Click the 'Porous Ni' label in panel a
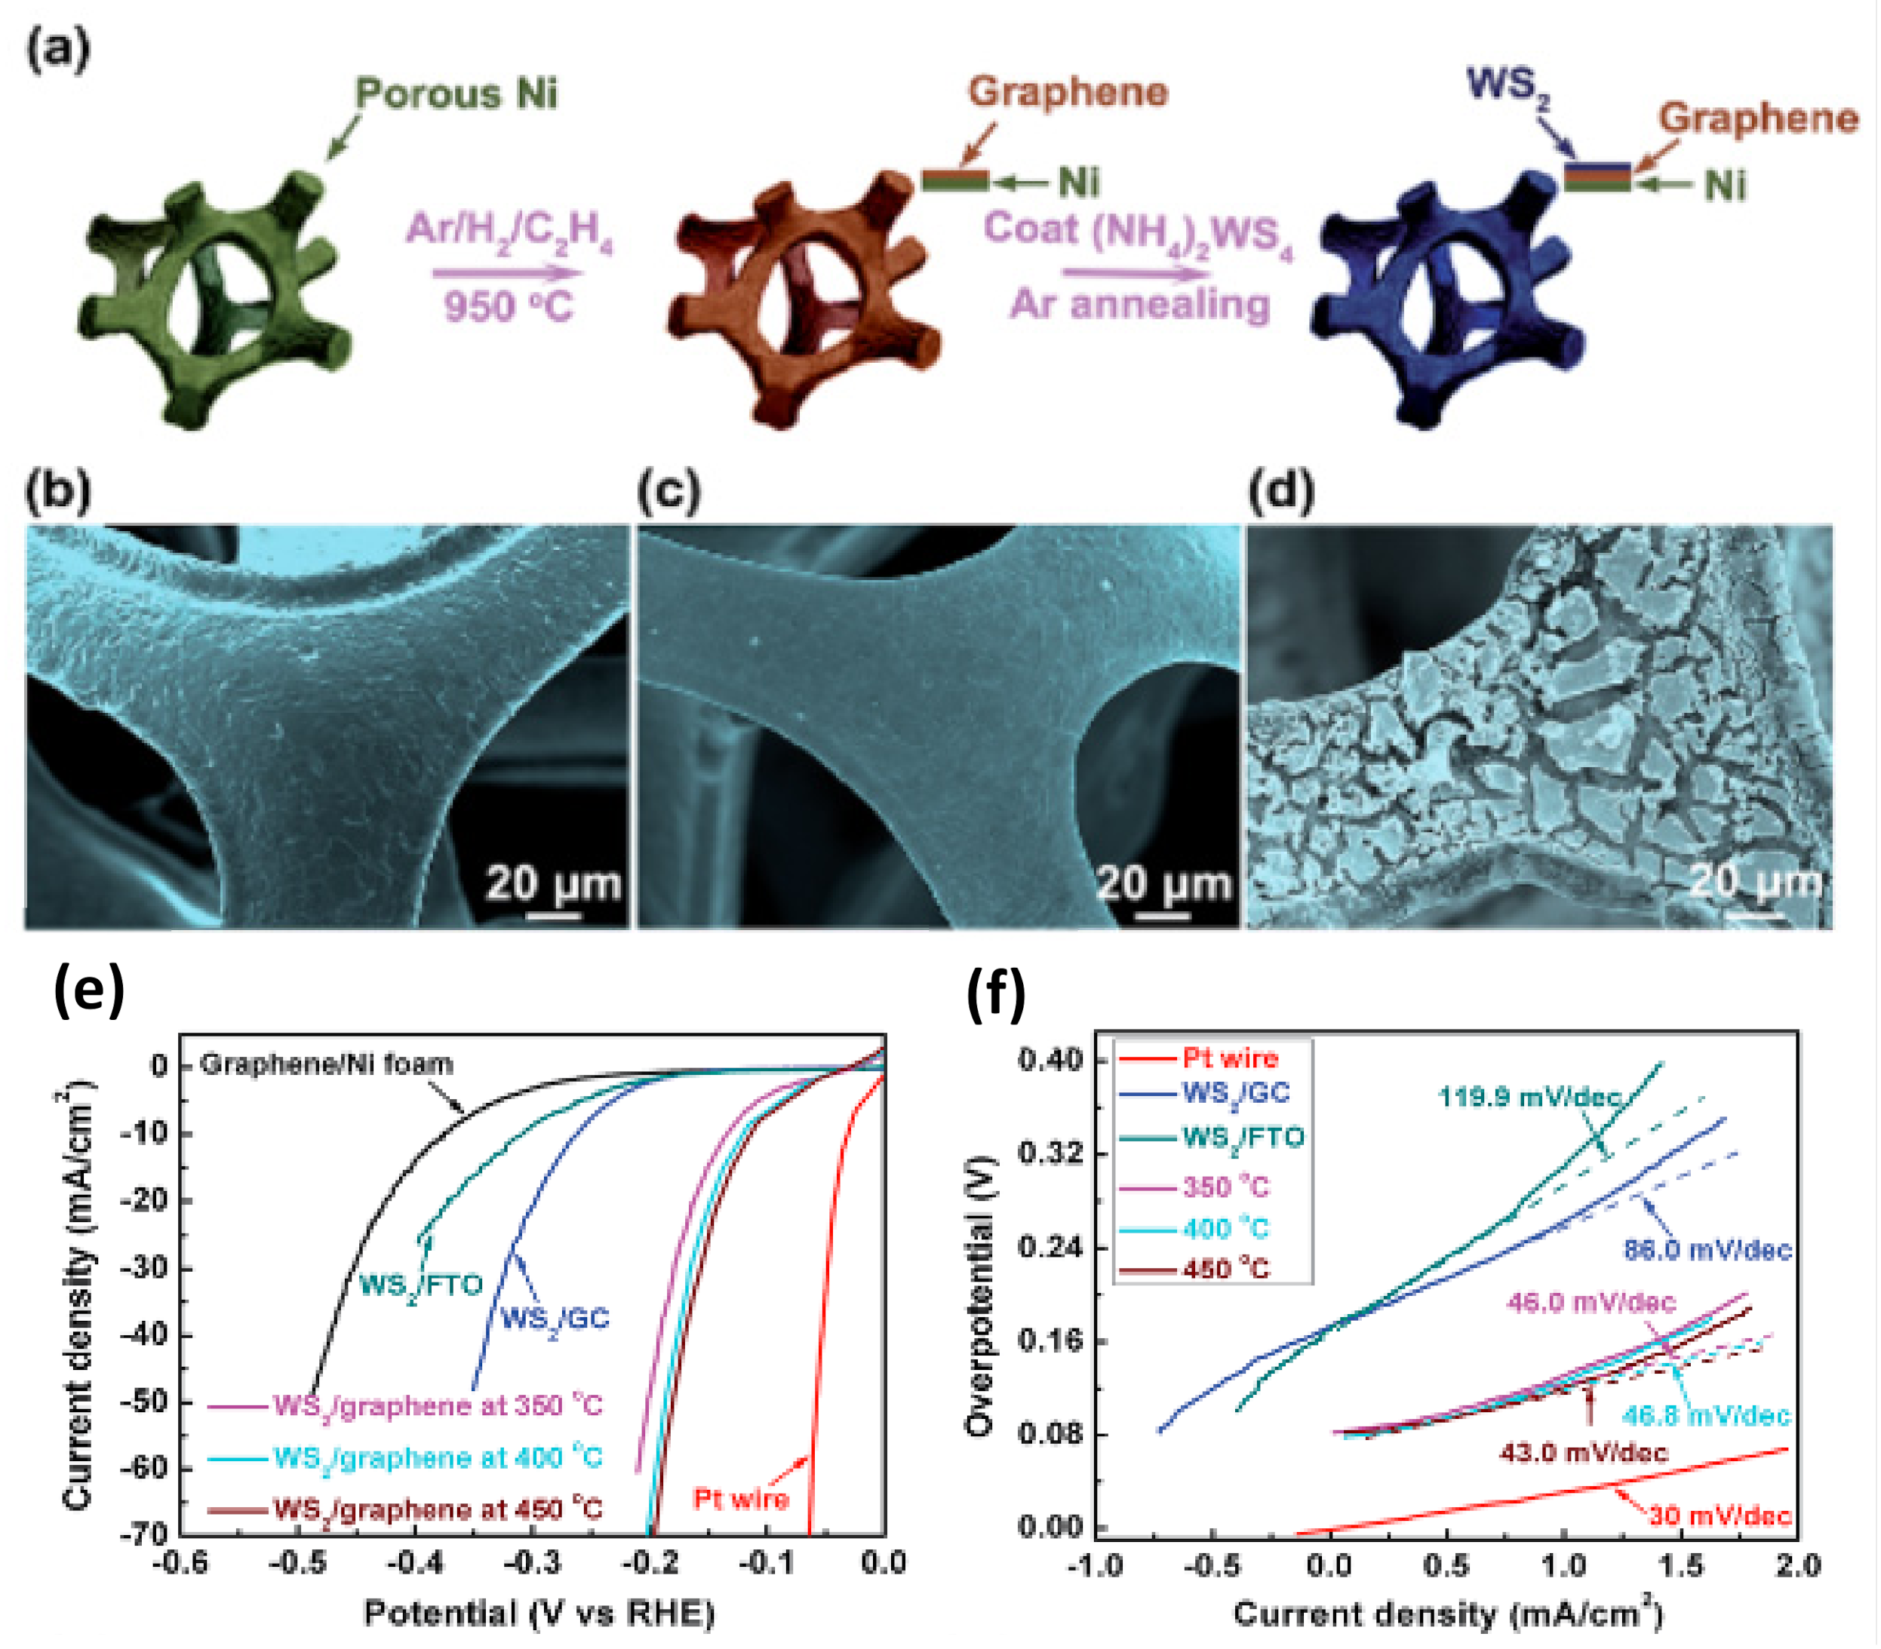(456, 94)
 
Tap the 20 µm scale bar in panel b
(553, 916)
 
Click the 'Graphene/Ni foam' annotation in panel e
(327, 1064)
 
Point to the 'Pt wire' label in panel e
(741, 1500)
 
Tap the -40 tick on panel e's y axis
(147, 1335)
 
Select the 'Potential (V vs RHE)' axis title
(539, 1613)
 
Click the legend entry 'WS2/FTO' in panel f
(1243, 1138)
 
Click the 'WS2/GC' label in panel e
(555, 1319)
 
